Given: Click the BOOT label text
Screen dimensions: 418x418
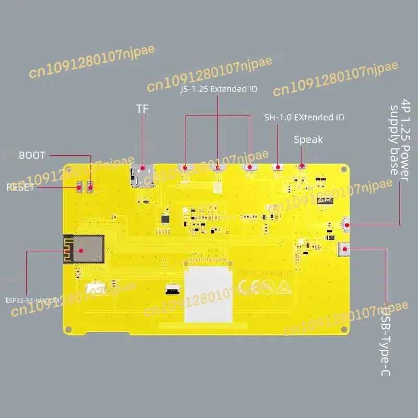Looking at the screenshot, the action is coord(32,155).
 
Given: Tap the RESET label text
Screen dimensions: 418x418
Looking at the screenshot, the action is coord(20,188).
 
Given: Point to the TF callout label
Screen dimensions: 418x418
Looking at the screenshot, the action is coord(143,109).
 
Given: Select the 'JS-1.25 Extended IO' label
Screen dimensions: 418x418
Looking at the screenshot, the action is coord(218,89).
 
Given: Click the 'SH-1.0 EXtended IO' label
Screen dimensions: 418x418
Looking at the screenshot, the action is coord(305,117).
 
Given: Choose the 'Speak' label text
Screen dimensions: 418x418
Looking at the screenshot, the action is coord(308,140).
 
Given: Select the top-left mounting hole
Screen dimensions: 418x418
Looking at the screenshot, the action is coord(68,169).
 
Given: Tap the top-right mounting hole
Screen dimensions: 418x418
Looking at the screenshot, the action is coord(343,169).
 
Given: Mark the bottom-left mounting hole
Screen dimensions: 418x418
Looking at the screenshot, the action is coord(68,329).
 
